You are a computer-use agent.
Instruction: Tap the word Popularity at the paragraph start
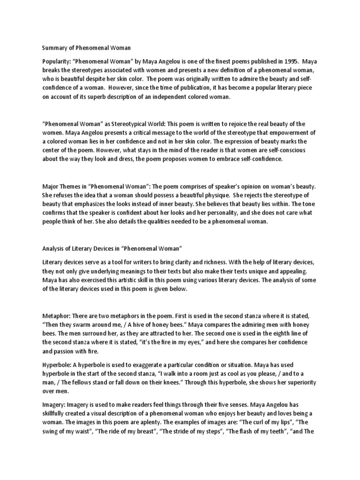coord(57,61)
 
